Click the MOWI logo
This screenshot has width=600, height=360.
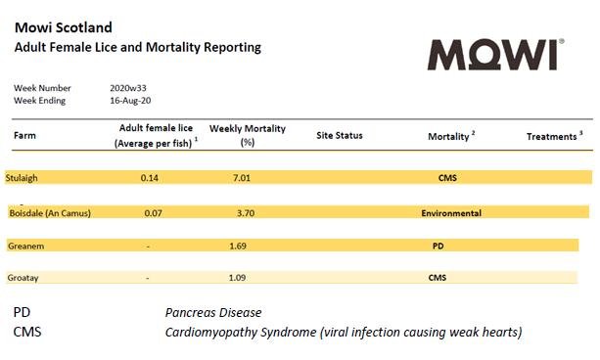[495, 54]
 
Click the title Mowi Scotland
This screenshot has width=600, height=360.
[63, 27]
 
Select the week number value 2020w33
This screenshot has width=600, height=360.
[131, 88]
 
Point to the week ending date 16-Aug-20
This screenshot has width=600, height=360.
[131, 100]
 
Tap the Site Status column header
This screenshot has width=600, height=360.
[339, 136]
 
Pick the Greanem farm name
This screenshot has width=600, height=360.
[27, 247]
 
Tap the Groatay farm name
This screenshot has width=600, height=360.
[25, 278]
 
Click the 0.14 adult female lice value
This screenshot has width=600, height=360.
[149, 178]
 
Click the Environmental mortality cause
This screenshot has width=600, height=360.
[450, 213]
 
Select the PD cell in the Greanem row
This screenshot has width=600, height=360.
[438, 247]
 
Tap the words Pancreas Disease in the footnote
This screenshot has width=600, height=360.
[213, 313]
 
